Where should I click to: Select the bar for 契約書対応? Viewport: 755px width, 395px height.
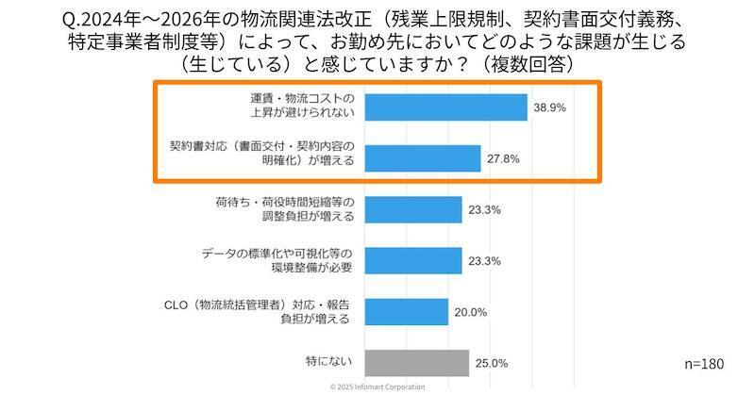[x=422, y=158]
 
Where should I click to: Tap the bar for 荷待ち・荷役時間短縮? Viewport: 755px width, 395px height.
[x=412, y=209]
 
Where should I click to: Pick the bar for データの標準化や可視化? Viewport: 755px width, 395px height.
[x=412, y=260]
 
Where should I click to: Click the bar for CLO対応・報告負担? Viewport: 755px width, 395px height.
[x=406, y=311]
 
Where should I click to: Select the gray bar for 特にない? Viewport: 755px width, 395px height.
[x=416, y=363]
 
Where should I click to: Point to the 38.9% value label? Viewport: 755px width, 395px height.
[x=549, y=108]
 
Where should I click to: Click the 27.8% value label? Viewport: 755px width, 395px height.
[x=503, y=159]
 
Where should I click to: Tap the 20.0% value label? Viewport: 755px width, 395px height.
[x=470, y=312]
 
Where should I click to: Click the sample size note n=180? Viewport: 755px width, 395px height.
[x=702, y=363]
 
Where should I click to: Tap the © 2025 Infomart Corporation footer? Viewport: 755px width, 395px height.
[x=377, y=387]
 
